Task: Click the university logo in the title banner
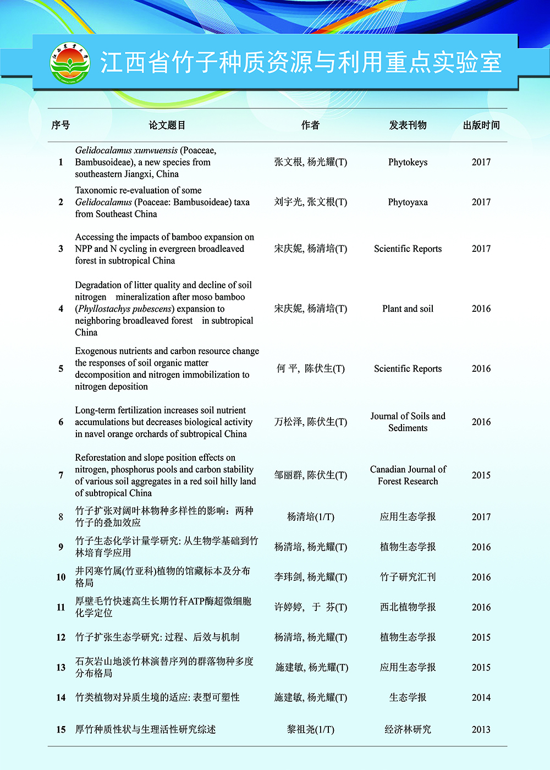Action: (70, 63)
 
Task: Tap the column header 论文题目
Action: (167, 125)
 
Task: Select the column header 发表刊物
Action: (408, 125)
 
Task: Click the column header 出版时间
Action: (481, 125)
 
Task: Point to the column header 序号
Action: (61, 125)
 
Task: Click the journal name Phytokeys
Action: (408, 162)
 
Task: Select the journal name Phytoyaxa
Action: (408, 202)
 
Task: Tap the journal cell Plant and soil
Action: (408, 309)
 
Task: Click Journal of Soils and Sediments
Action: (408, 422)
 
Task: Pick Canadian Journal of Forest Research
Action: (408, 475)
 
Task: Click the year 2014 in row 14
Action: (481, 697)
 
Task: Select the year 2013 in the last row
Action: (481, 730)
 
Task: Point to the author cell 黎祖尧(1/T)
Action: (311, 730)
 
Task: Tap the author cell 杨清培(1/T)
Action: (311, 517)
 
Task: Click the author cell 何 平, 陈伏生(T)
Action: (311, 369)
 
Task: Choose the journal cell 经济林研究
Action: (408, 730)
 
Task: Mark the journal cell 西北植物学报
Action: (408, 607)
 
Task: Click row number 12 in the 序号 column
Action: (61, 637)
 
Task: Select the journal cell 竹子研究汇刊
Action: (408, 577)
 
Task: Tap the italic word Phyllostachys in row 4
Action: (104, 309)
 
